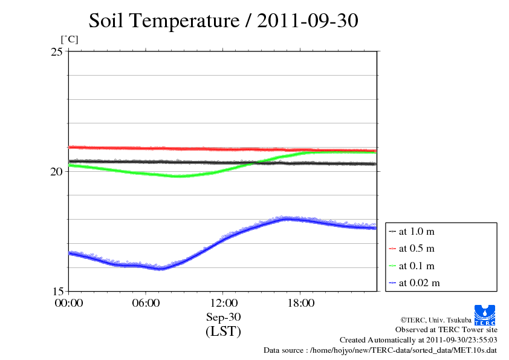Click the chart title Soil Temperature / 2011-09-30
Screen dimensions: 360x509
[223, 21]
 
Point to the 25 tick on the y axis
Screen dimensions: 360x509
[56, 51]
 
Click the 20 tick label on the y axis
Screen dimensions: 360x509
[56, 171]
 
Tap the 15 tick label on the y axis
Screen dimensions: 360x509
[56, 291]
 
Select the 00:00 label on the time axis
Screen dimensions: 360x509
[68, 303]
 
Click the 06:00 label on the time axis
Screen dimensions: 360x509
[146, 303]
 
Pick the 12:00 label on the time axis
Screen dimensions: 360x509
[223, 303]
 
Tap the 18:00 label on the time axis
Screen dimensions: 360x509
[300, 303]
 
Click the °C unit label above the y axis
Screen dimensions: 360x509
[69, 39]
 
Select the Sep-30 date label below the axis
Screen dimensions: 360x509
[223, 317]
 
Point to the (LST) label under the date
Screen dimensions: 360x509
[223, 332]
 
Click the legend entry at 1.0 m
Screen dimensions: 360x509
[416, 231]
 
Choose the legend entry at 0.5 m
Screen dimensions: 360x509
[416, 248]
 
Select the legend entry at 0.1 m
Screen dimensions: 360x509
[416, 266]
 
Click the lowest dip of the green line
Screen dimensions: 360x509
[180, 176]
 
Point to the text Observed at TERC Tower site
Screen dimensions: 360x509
[446, 330]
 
